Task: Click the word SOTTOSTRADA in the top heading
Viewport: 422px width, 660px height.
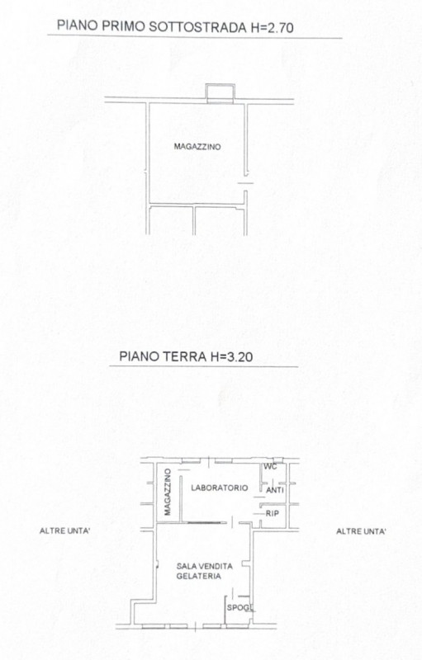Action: click(x=198, y=27)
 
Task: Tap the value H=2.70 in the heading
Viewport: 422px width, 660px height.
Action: click(x=273, y=27)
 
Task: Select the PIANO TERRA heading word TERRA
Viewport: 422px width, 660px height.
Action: click(x=184, y=356)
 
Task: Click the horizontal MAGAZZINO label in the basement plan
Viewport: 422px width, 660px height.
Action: click(x=197, y=147)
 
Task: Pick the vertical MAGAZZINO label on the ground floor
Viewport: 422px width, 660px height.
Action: click(x=168, y=492)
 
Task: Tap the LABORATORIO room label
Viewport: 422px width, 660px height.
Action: click(x=220, y=488)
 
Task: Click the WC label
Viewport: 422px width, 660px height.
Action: click(x=270, y=466)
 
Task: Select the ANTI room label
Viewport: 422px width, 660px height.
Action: click(x=275, y=490)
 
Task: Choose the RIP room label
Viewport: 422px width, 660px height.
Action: click(x=272, y=513)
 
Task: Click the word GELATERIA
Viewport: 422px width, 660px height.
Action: click(x=198, y=576)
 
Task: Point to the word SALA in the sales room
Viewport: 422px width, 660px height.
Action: click(x=185, y=566)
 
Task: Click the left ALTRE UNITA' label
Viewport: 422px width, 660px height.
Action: click(x=64, y=530)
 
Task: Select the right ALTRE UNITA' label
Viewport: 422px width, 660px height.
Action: click(x=361, y=531)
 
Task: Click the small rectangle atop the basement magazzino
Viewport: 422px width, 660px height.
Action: click(x=220, y=93)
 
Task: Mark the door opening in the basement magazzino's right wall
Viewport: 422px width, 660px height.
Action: click(x=246, y=182)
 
